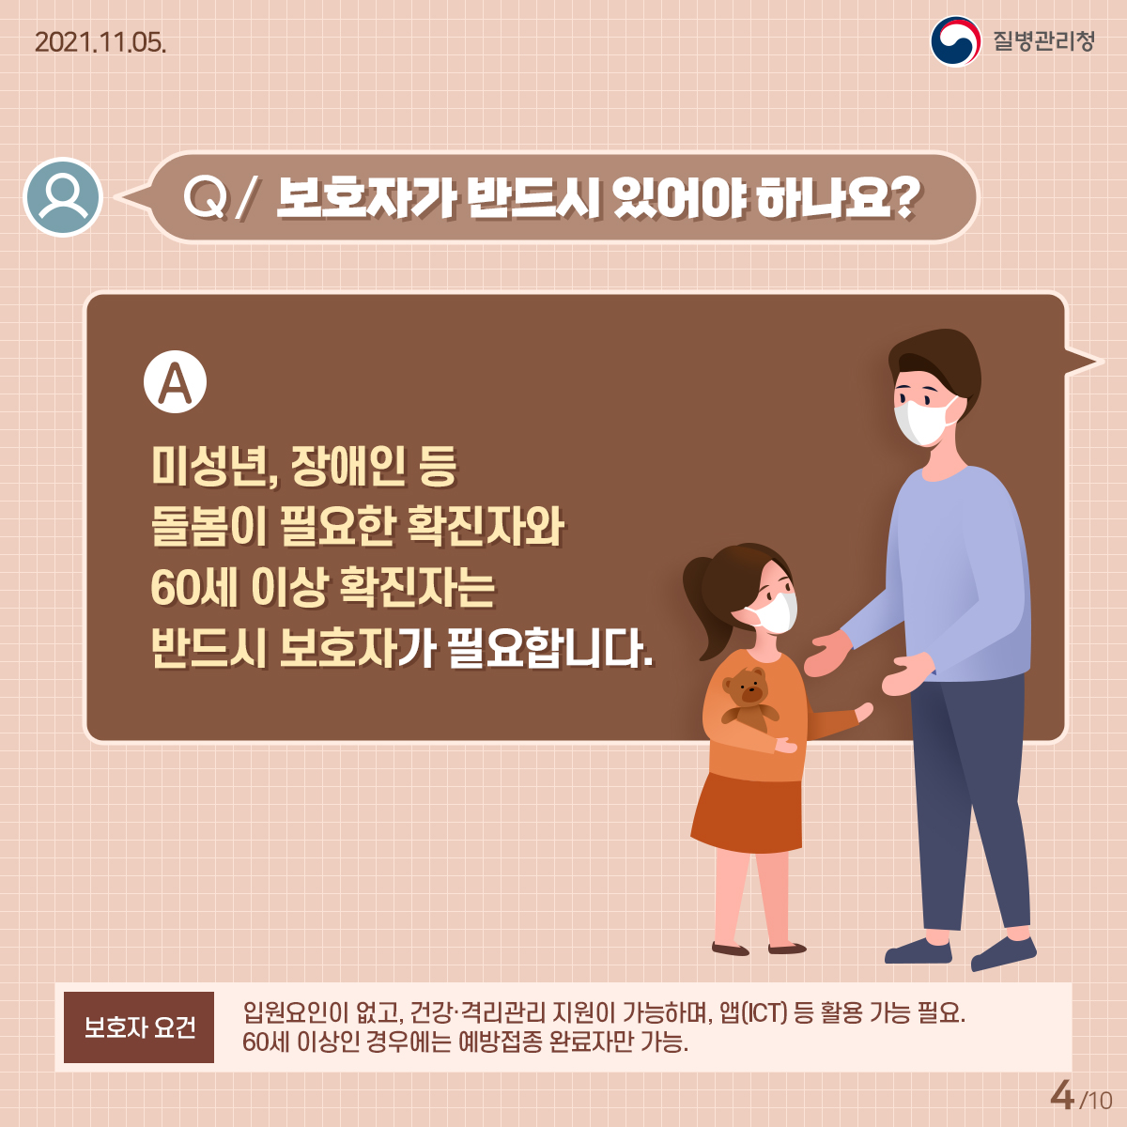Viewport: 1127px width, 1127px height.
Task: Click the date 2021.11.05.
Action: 100,42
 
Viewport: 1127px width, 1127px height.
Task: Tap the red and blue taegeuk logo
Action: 956,41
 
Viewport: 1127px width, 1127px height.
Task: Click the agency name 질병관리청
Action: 1043,41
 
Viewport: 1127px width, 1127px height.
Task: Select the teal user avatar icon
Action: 63,197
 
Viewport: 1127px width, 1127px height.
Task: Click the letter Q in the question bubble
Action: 204,197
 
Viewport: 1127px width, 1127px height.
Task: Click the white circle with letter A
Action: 175,382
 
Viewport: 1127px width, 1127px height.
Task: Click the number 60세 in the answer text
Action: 193,588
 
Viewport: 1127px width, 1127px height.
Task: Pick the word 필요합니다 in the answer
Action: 549,649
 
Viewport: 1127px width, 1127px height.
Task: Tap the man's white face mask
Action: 923,420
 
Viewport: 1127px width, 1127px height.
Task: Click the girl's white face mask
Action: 772,612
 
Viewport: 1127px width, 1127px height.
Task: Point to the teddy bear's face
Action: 747,687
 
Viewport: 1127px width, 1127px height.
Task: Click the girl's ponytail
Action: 704,609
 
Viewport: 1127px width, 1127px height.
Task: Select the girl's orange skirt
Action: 747,813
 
